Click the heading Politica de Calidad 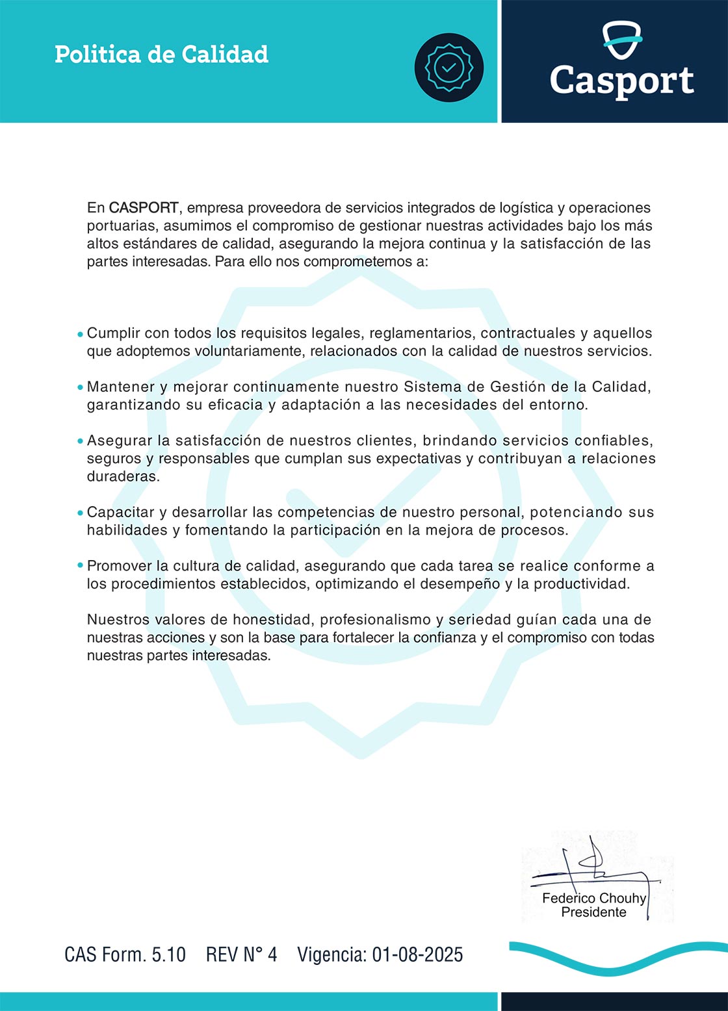point(161,55)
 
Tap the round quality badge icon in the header point(448,67)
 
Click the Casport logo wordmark point(621,81)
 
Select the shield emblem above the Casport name point(621,40)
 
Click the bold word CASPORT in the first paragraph point(144,208)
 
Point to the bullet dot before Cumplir point(80,335)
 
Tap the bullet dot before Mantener point(80,388)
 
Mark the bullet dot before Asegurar point(80,442)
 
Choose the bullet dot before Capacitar point(80,513)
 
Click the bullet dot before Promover point(80,567)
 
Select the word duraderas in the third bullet point(123,476)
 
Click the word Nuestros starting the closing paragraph point(118,620)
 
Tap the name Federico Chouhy point(594,899)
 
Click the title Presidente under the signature point(593,912)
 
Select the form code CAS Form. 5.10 point(125,954)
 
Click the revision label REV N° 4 point(241,954)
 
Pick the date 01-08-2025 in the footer point(417,954)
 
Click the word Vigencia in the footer point(331,954)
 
